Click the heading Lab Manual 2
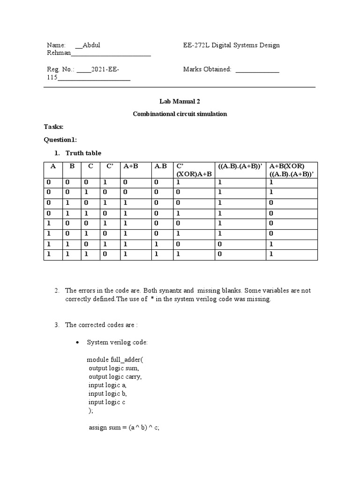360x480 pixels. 180,101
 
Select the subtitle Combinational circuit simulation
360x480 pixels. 180,114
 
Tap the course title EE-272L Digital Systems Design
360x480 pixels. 231,45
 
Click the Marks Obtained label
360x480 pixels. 207,69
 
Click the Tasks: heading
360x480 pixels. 54,127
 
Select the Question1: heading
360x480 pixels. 60,140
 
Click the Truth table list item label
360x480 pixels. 83,153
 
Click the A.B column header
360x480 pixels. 160,166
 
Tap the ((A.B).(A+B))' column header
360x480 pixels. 239,166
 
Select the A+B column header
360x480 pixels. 131,166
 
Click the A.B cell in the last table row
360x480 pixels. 157,254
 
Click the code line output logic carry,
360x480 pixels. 115,376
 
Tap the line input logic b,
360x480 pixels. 107,393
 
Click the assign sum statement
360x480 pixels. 124,428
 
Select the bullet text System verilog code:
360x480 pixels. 117,343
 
